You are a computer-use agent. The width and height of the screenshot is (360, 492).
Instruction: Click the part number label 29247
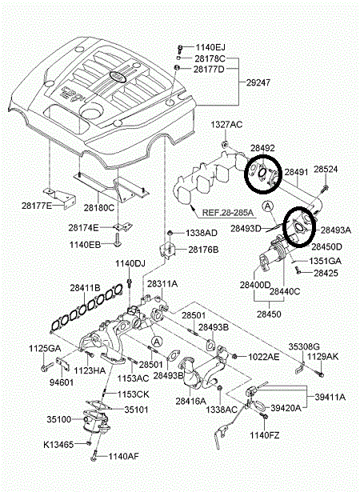(258, 83)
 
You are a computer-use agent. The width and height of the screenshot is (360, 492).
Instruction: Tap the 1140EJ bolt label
(210, 48)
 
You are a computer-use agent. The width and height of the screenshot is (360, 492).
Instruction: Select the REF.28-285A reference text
(227, 213)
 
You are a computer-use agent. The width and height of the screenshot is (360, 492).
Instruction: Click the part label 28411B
(85, 288)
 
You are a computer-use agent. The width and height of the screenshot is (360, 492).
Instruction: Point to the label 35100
(59, 419)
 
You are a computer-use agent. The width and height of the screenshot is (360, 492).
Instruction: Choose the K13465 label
(58, 445)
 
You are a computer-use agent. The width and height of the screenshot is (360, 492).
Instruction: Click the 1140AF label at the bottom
(124, 456)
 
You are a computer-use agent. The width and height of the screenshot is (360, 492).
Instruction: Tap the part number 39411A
(330, 398)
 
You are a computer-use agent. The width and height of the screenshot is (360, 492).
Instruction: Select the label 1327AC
(226, 125)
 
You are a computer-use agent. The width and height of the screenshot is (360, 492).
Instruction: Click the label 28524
(326, 170)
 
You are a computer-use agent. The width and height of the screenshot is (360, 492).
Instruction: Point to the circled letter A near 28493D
(268, 206)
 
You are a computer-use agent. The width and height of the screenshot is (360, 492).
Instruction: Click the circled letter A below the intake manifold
(157, 341)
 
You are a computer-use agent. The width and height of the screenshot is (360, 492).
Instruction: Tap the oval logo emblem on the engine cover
(118, 76)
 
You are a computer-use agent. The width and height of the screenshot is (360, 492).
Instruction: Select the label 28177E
(37, 206)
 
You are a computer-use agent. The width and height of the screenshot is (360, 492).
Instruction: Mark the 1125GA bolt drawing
(45, 367)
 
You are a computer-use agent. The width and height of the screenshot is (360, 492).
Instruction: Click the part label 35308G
(304, 346)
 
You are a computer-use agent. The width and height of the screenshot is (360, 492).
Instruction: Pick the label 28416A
(191, 401)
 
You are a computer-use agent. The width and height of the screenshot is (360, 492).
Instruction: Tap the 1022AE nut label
(264, 357)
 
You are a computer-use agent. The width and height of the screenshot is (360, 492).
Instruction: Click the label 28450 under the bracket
(269, 314)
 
